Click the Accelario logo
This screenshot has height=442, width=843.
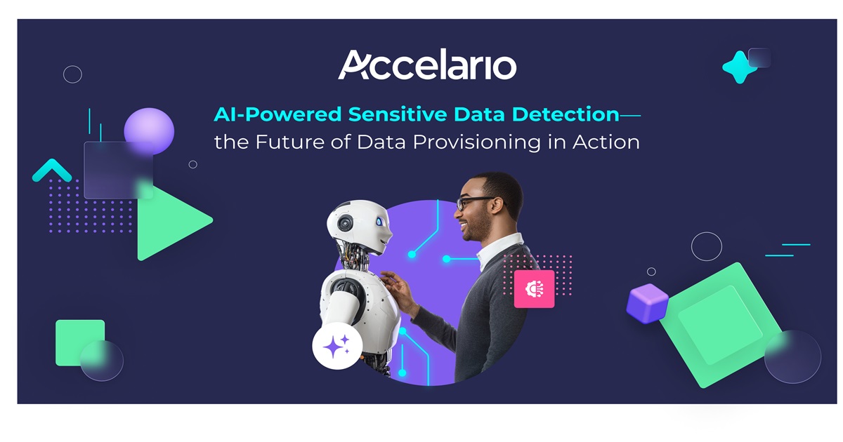[x=427, y=65]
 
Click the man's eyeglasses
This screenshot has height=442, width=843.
[x=474, y=203]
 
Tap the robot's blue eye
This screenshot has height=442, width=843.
[x=379, y=222]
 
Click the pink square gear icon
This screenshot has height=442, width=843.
[x=534, y=288]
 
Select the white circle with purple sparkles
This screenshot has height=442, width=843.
[x=337, y=346]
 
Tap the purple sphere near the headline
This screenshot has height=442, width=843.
[x=149, y=130]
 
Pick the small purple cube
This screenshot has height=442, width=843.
[x=646, y=303]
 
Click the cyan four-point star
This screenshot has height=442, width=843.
[x=739, y=67]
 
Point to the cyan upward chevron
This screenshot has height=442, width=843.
[x=52, y=170]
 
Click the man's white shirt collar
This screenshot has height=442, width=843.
[x=499, y=250]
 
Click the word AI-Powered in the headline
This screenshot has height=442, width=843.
[x=277, y=114]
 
